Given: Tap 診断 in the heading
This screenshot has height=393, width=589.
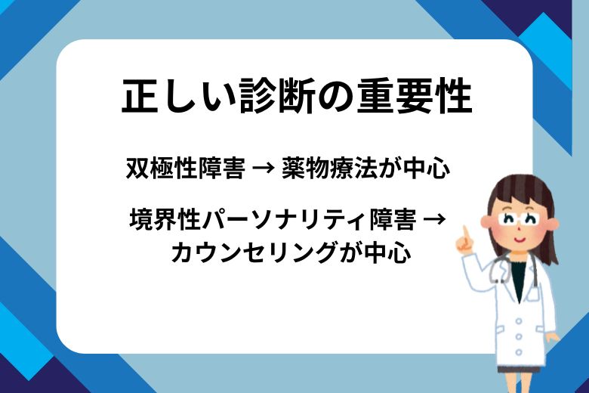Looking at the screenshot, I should (261, 96).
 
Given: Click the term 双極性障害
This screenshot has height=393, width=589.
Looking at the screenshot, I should (185, 168).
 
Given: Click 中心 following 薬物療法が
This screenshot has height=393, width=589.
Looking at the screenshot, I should (427, 168).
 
